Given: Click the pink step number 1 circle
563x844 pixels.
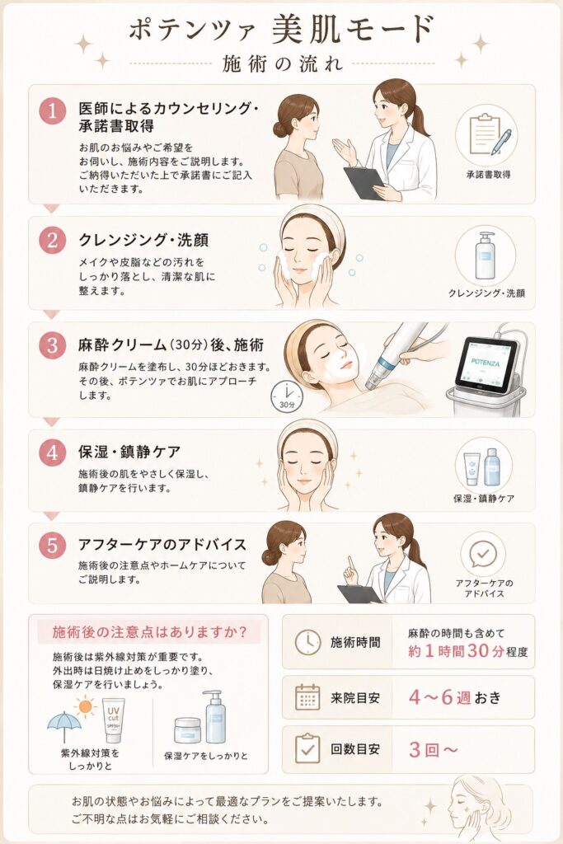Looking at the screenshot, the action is (52, 111).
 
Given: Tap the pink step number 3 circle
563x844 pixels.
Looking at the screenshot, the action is (52, 345).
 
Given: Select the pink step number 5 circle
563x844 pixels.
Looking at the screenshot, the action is (52, 545).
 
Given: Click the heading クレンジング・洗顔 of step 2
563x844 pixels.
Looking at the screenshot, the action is (143, 240).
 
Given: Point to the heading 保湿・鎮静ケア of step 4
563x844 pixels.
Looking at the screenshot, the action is (129, 452).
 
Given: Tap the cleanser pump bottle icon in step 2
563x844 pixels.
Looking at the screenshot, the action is (486, 256).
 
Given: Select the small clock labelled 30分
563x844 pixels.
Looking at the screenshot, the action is (286, 397).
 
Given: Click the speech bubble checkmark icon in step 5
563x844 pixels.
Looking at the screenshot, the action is (483, 555).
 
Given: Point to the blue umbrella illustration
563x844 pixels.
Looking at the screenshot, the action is (64, 726).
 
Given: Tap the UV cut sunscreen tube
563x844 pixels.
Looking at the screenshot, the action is (113, 720).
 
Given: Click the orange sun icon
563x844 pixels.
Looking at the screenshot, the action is (85, 706).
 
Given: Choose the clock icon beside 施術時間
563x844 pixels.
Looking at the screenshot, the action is (307, 642).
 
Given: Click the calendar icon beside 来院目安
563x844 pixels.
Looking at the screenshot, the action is (307, 697).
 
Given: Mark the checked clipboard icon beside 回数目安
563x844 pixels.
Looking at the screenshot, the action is (307, 748).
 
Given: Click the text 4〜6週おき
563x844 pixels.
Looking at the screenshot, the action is (455, 697).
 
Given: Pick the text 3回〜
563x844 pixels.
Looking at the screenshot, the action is (434, 749).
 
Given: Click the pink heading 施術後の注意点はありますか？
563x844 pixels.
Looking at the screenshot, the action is (150, 632).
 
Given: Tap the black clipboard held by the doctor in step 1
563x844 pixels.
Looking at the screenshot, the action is (364, 182).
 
